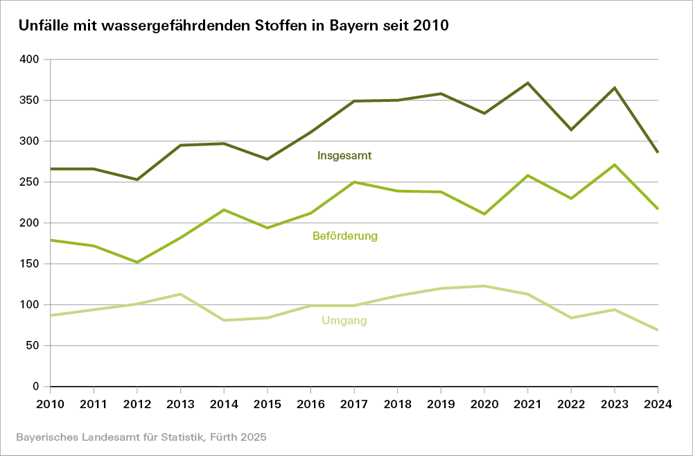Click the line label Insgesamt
pos(344,156)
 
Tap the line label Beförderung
pos(345,236)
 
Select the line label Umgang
pos(344,321)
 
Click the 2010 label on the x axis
pos(51,404)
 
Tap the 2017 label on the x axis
pos(354,404)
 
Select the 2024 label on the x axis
pos(658,404)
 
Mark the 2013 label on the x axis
pos(180,404)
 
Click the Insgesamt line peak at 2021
pos(528,83)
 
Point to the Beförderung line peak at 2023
pos(615,165)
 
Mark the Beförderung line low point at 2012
pos(137,263)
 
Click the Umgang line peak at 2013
pos(180,294)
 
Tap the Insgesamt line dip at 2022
pos(571,130)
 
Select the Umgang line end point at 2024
pos(658,330)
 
